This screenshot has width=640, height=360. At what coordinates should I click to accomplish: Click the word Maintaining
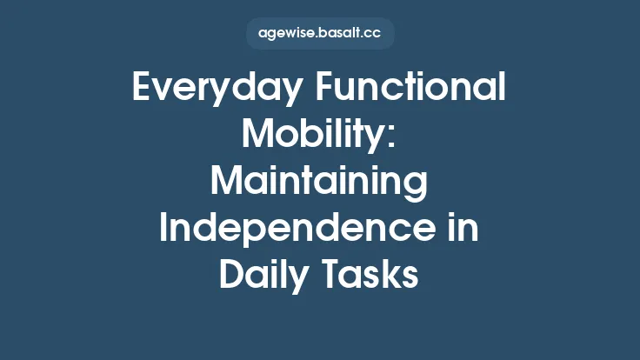[319, 183]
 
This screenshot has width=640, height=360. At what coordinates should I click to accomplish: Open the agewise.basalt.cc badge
[320, 34]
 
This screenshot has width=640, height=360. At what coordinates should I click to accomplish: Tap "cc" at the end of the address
[374, 35]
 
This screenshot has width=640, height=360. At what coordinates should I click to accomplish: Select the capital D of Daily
[230, 276]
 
